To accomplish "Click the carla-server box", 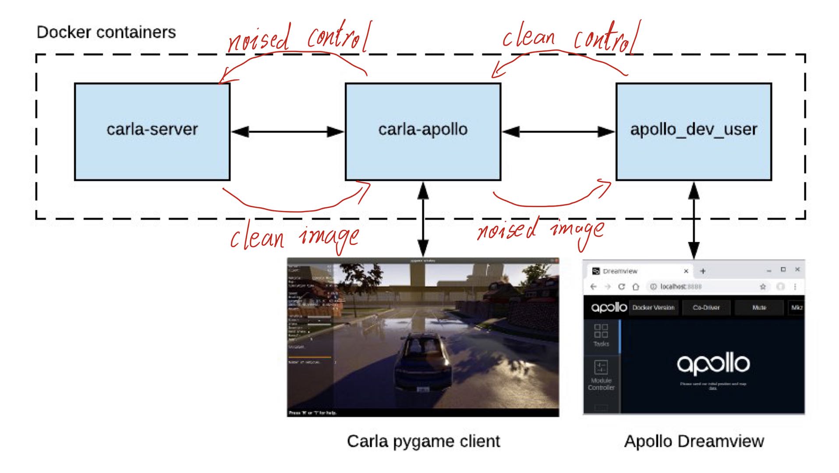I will [x=152, y=131].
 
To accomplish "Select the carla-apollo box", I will [x=423, y=131].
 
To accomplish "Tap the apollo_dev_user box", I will [x=694, y=131].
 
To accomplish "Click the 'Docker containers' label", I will [x=106, y=32].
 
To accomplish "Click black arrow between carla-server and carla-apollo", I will [x=287, y=131].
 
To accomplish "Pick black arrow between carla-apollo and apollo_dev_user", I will [x=558, y=131].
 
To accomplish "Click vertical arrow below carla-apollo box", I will [x=423, y=219].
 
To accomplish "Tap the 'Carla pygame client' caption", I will [x=423, y=441].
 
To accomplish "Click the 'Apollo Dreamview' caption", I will [x=694, y=441].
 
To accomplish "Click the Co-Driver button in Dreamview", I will [x=706, y=307].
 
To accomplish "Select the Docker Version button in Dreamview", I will [x=653, y=307].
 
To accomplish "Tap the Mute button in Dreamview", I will [x=759, y=307].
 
